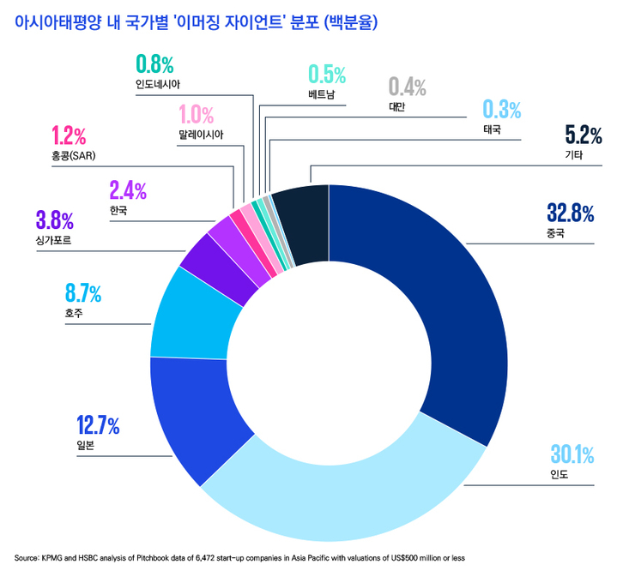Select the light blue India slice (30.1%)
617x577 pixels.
343,497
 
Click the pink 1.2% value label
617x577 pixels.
68,135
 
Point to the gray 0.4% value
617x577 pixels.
407,87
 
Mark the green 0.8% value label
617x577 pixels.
154,64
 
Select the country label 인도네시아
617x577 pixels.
158,85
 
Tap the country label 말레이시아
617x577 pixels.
200,135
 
